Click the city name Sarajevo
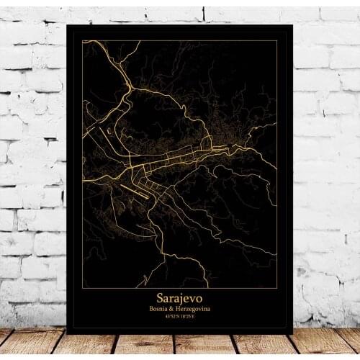coord(180,297)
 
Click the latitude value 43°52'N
coord(171,317)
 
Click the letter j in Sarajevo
coord(183,298)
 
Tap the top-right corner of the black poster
coord(293,25)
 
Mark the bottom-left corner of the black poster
coord(67,333)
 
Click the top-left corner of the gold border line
coord(83,41)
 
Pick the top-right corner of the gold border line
coord(277,41)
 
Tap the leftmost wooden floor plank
coord(22,343)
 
